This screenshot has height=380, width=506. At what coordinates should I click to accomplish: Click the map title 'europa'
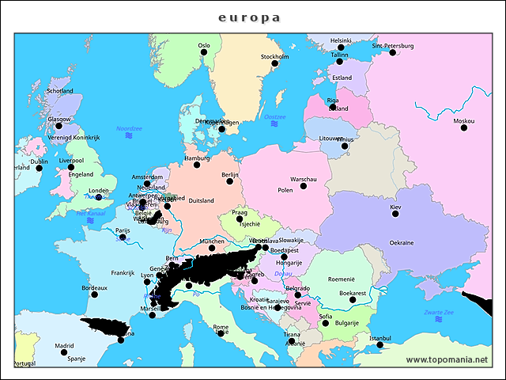tap(249, 17)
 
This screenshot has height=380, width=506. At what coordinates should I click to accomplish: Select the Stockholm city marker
tap(275, 63)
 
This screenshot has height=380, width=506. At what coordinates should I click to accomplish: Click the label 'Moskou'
tap(464, 121)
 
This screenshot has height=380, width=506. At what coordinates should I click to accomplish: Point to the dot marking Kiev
tap(395, 214)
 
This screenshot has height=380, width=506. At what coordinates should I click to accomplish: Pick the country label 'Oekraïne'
tap(401, 242)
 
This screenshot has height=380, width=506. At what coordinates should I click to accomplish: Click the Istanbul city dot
tap(380, 345)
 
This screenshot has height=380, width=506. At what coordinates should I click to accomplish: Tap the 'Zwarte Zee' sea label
tap(439, 312)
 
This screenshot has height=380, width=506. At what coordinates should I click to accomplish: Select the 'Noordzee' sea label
tap(129, 128)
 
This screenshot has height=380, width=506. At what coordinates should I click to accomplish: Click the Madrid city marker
tap(65, 352)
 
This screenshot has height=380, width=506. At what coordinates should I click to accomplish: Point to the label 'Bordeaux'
tap(94, 288)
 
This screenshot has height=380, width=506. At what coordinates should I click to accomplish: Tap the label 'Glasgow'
tap(59, 120)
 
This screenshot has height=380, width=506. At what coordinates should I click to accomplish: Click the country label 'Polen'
tap(285, 191)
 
